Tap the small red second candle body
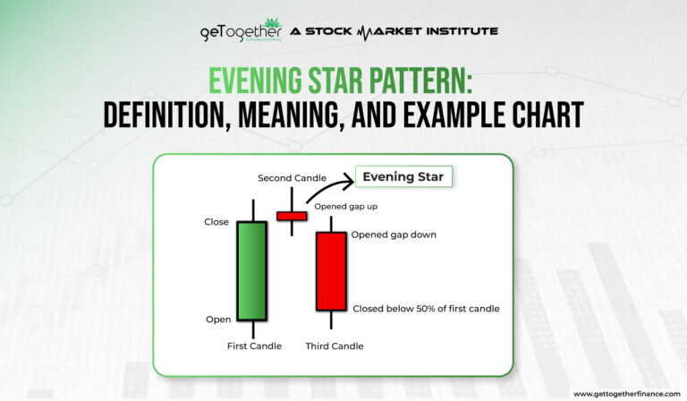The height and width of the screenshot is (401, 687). pyautogui.click(x=292, y=216)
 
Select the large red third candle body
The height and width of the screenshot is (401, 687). pyautogui.click(x=331, y=271)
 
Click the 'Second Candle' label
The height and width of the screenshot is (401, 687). pyautogui.click(x=292, y=178)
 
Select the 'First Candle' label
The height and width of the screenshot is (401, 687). pyautogui.click(x=254, y=346)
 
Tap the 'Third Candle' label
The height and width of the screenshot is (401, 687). pyautogui.click(x=334, y=346)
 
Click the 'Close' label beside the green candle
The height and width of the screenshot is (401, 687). pyautogui.click(x=216, y=222)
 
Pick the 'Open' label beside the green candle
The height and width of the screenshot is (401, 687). pyautogui.click(x=218, y=319)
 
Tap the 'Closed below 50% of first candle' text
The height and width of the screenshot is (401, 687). pyautogui.click(x=426, y=309)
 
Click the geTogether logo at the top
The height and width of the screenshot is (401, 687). pyautogui.click(x=241, y=32)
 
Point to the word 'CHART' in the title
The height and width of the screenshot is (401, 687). pyautogui.click(x=538, y=115)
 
